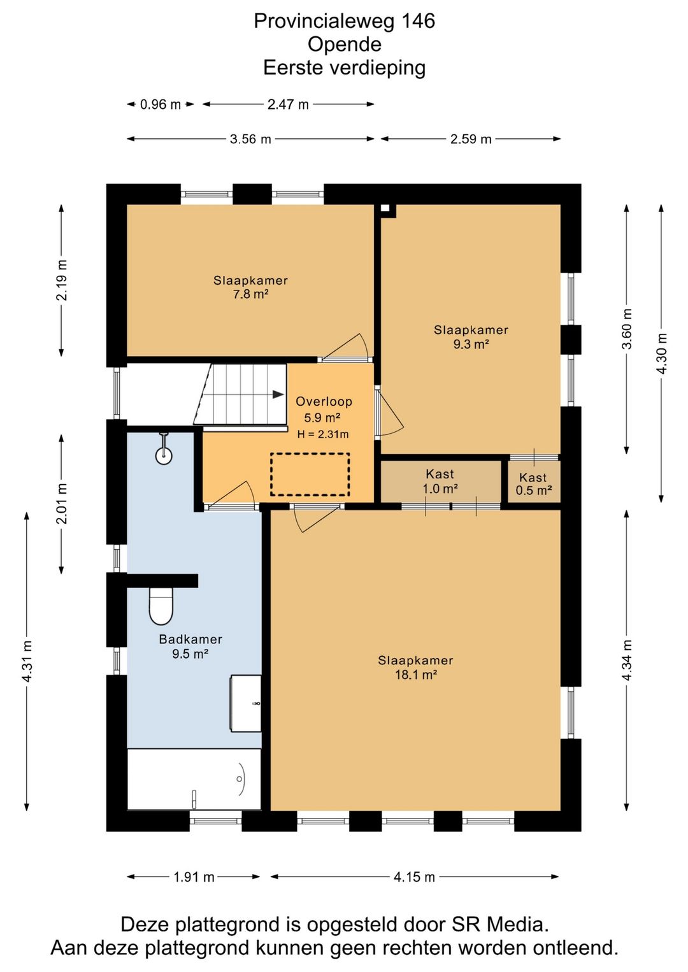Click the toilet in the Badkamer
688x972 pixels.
point(161,606)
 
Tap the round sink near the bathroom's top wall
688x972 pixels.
point(164,455)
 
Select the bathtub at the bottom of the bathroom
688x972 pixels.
point(194,779)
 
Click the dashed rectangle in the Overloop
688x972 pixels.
point(310,475)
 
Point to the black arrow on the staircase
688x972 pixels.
point(278,394)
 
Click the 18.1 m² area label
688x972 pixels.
point(416,675)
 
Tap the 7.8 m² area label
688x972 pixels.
point(251,294)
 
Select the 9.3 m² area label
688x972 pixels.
point(471,344)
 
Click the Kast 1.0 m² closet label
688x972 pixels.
point(440,482)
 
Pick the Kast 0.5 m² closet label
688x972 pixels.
point(533,484)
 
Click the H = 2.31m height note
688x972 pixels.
point(323,434)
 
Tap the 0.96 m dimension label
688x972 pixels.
point(160,104)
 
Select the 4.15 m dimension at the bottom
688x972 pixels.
point(414,877)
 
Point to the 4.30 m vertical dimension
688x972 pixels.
point(661,354)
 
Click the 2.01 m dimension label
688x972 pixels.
point(62,504)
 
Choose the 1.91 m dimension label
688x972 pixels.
point(194,877)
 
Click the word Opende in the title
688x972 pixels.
point(345,44)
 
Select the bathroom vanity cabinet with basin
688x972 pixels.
point(246,703)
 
